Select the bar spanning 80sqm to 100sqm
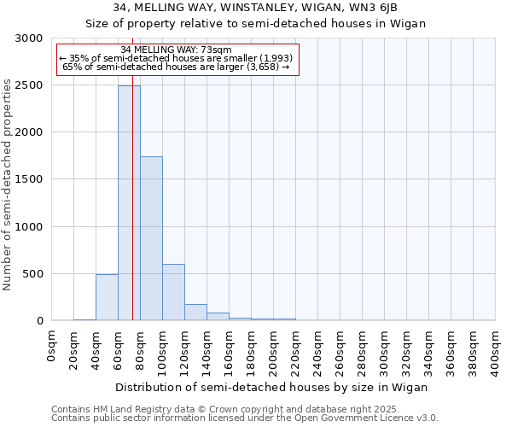pyautogui.click(x=151, y=239)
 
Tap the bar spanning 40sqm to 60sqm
pyautogui.click(x=107, y=297)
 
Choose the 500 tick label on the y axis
pyautogui.click(x=33, y=274)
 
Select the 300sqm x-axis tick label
pyautogui.click(x=385, y=348)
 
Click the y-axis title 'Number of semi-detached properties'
pyautogui.click(x=9, y=184)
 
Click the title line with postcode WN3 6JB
pyautogui.click(x=255, y=9)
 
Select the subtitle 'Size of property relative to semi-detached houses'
pyautogui.click(x=255, y=24)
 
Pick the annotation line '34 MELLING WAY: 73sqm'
pyautogui.click(x=176, y=50)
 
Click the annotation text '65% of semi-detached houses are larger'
pyautogui.click(x=177, y=67)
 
